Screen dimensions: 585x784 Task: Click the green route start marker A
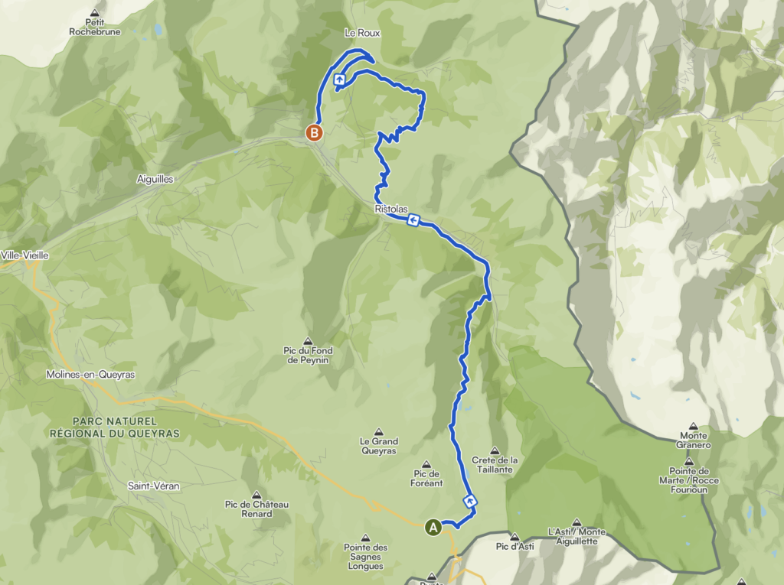coord(433,527)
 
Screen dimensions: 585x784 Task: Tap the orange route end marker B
coord(314,132)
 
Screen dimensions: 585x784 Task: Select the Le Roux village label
coord(362,34)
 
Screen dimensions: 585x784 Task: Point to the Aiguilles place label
coord(154,179)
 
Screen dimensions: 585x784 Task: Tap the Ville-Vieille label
coord(24,255)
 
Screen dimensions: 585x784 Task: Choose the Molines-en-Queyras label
coord(90,375)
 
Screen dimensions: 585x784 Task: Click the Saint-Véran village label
coord(154,486)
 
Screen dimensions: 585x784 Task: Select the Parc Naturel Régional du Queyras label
coord(114,427)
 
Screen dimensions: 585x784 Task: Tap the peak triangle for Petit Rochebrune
coord(95,13)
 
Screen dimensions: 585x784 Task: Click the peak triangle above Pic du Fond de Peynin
coord(308,341)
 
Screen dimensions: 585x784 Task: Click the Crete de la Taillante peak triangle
coord(495,450)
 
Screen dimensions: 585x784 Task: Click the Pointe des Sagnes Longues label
coord(366,551)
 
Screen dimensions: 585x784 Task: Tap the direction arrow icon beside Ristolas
coord(413,221)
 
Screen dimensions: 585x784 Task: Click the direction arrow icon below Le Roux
coord(339,79)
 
